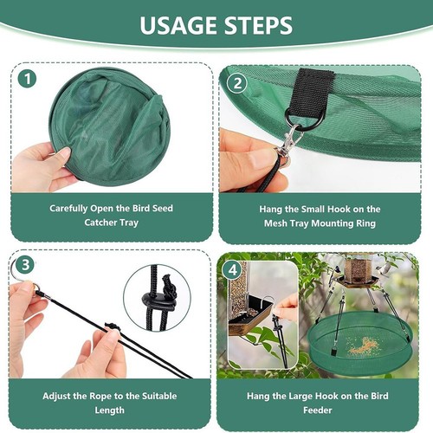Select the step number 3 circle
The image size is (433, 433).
[x=27, y=266]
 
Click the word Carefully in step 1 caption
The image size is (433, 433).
[x=75, y=209]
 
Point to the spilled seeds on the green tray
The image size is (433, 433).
[x=364, y=346]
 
